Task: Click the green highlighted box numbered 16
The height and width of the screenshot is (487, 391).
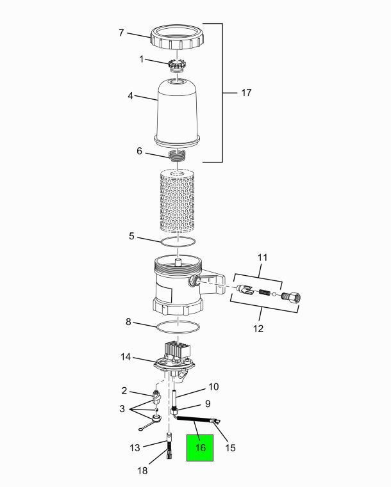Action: coord(200,447)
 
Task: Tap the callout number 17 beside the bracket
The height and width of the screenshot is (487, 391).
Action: coord(246,93)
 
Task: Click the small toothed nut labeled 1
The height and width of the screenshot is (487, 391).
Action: coord(177,65)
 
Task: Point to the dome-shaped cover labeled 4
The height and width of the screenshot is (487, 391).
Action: coord(178,112)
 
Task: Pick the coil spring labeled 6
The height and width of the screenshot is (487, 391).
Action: coord(178,156)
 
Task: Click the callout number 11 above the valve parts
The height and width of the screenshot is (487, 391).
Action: coord(262,257)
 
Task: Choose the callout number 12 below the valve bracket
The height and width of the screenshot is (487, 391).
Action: coord(258,328)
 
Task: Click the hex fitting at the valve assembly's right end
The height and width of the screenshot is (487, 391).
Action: coord(291,296)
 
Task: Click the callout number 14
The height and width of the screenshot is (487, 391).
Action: coord(126,357)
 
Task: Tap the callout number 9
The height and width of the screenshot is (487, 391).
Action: coord(208,403)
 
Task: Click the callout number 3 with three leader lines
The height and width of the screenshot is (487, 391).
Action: coord(122,409)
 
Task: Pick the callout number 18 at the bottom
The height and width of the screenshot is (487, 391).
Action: coord(142,471)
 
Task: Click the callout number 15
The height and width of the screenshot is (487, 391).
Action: coord(231,447)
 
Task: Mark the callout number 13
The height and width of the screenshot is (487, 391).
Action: coord(135,447)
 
